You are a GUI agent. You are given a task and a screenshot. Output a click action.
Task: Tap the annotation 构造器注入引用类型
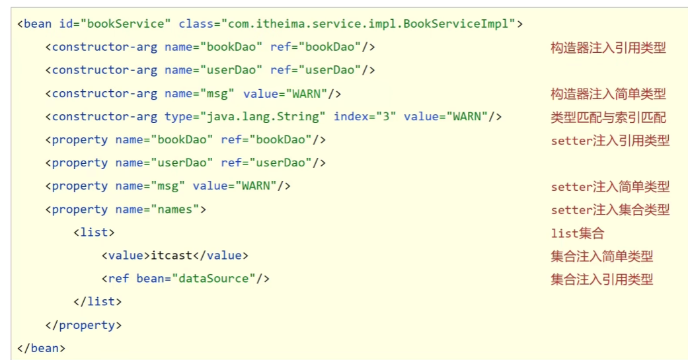pyautogui.click(x=607, y=48)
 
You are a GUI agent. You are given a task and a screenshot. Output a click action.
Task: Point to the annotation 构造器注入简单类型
pyautogui.click(x=607, y=94)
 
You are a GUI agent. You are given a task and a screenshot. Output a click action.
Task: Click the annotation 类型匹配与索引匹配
pyautogui.click(x=607, y=118)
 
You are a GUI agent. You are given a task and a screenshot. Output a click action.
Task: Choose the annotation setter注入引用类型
pyautogui.click(x=609, y=141)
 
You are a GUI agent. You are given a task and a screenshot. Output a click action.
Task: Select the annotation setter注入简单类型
pyautogui.click(x=609, y=187)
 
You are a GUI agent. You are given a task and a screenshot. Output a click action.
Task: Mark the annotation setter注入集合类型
pyautogui.click(x=609, y=210)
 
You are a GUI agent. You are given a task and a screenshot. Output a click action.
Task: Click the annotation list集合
pyautogui.click(x=577, y=233)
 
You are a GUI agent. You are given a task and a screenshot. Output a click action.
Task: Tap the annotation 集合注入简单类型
pyautogui.click(x=601, y=256)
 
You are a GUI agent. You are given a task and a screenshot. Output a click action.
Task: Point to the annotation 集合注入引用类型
pyautogui.click(x=601, y=279)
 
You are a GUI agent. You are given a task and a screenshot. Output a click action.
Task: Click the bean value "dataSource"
pyautogui.click(x=213, y=279)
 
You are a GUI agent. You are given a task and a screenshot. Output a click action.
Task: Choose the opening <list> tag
pyautogui.click(x=94, y=233)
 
